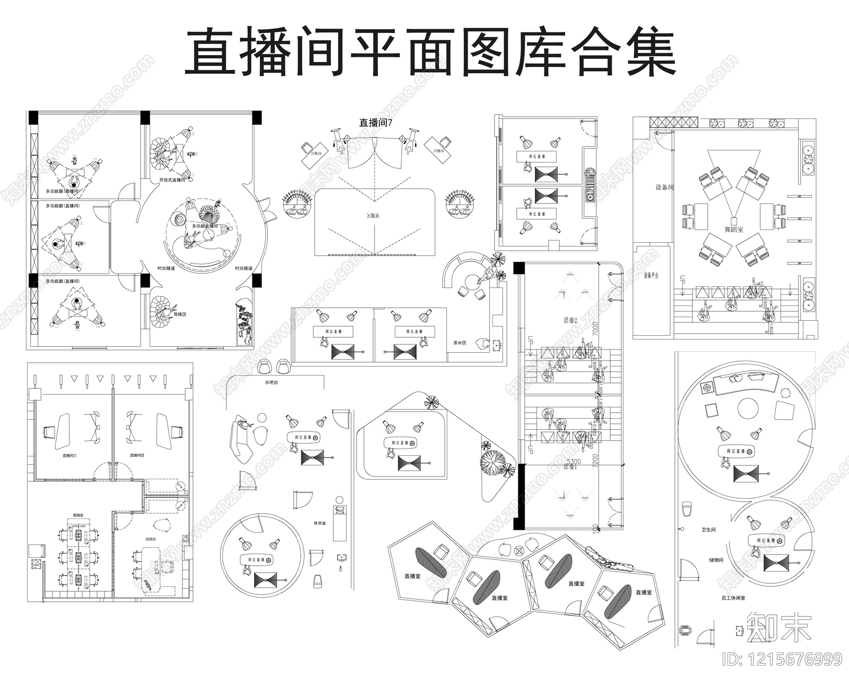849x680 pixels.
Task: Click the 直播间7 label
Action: tap(375, 123)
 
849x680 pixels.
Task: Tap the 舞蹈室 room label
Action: tap(734, 229)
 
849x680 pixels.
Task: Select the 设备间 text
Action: tap(664, 188)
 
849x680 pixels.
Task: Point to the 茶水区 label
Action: tap(460, 343)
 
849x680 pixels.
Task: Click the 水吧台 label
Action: tap(271, 382)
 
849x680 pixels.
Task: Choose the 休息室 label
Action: tap(319, 523)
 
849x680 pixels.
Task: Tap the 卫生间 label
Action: tap(709, 530)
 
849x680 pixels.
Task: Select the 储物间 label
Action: tap(716, 560)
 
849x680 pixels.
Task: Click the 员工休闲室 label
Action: tap(733, 598)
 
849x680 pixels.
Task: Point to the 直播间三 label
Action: tap(70, 455)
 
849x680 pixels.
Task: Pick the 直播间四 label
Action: tap(137, 455)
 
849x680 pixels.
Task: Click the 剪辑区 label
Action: tap(78, 515)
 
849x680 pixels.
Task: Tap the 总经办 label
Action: tap(151, 539)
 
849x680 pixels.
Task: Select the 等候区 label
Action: tap(180, 314)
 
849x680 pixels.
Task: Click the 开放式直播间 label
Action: tap(172, 181)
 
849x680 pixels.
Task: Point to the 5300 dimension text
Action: tap(574, 462)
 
